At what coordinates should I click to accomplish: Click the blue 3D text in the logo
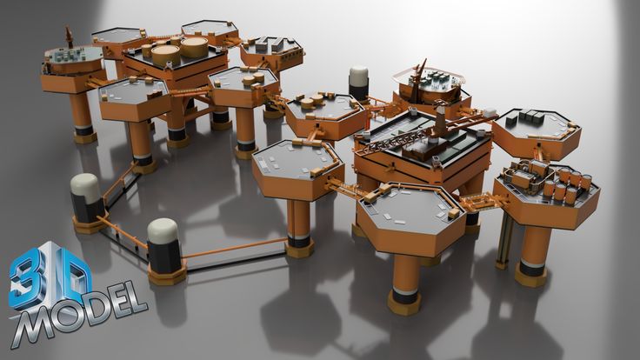[49, 276]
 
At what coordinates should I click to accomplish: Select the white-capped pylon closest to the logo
[163, 249]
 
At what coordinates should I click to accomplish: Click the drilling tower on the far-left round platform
[69, 37]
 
